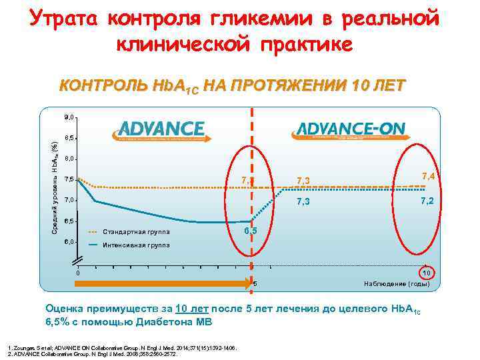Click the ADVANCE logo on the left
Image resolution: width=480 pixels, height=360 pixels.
[x=163, y=129]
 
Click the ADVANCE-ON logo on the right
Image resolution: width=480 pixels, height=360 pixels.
[x=349, y=129]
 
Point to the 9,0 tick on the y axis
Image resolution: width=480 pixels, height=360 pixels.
[x=70, y=117]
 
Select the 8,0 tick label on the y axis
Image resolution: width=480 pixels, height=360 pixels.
[x=70, y=159]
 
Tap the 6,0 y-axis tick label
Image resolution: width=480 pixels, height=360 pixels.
[x=70, y=241]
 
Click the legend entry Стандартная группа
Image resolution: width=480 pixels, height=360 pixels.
[x=136, y=232]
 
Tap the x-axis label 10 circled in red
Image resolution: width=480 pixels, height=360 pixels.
[x=427, y=273]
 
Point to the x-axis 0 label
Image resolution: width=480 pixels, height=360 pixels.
[x=77, y=272]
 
